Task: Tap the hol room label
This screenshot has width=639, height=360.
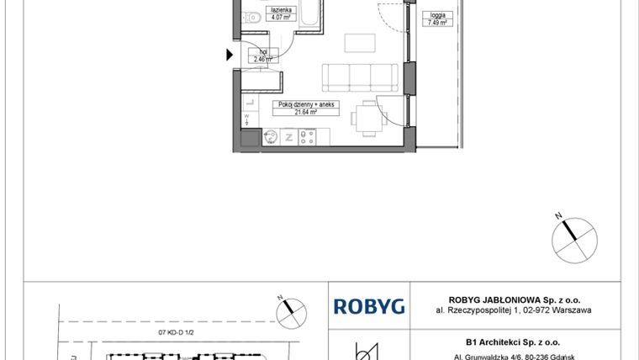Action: coord(263,52)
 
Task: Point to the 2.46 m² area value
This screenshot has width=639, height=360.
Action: coord(263,60)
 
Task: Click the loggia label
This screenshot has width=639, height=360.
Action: coord(437,15)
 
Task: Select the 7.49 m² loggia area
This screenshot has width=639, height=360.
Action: coord(437,23)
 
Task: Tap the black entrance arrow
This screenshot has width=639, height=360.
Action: coord(230,56)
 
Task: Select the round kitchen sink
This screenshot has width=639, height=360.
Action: coord(272,136)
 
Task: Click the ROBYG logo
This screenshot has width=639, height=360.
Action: coord(369,306)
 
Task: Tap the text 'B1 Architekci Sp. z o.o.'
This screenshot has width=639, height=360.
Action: coord(512,342)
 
